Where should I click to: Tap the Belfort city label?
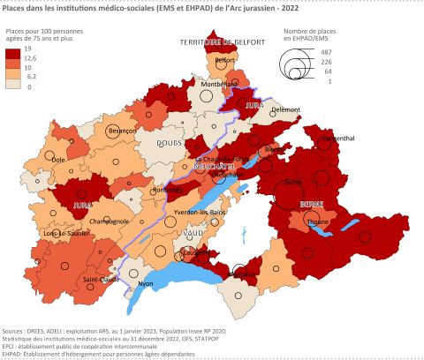(224, 60)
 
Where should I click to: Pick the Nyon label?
(147, 284)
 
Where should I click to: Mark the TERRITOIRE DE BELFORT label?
(211, 42)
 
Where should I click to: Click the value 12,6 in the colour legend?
(40, 58)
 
